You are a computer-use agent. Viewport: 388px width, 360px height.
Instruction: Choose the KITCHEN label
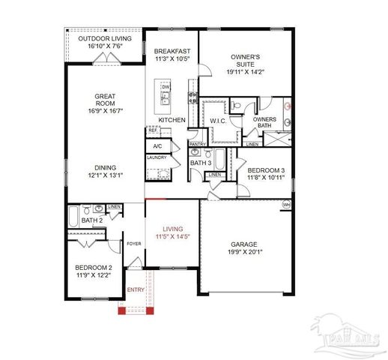172,120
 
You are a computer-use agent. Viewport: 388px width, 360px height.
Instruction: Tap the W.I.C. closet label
218,121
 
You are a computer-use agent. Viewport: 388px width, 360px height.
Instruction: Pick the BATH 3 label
200,163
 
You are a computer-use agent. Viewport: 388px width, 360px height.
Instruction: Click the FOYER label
134,244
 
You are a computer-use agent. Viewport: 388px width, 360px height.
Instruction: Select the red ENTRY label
136,289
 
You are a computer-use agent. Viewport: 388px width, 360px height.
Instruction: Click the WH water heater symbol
285,204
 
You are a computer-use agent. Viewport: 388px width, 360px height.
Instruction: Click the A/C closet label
157,146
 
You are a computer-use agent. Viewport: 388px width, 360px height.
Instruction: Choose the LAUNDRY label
157,158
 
